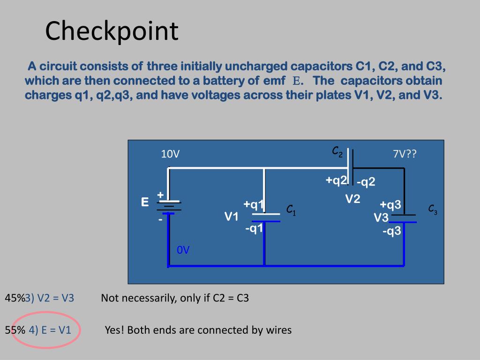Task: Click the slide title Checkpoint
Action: tap(112, 31)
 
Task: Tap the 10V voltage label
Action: tap(170, 154)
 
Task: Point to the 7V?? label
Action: tap(405, 154)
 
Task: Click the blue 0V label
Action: tap(183, 250)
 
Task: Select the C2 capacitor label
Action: tap(337, 152)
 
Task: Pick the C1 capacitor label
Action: tap(291, 210)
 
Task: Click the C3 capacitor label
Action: tap(433, 210)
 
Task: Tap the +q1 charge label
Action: tap(254, 204)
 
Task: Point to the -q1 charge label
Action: tap(254, 228)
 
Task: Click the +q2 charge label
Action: tap(337, 180)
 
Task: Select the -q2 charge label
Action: tap(366, 182)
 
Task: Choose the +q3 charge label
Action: tap(390, 205)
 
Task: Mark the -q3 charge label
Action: tap(391, 231)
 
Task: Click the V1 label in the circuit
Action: tap(232, 217)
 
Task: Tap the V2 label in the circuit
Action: tap(352, 199)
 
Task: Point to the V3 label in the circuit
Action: tap(381, 218)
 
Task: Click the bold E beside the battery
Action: tap(145, 202)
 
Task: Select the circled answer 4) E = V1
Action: tap(50, 330)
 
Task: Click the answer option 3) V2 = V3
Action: tap(50, 298)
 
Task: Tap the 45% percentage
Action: tap(15, 298)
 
